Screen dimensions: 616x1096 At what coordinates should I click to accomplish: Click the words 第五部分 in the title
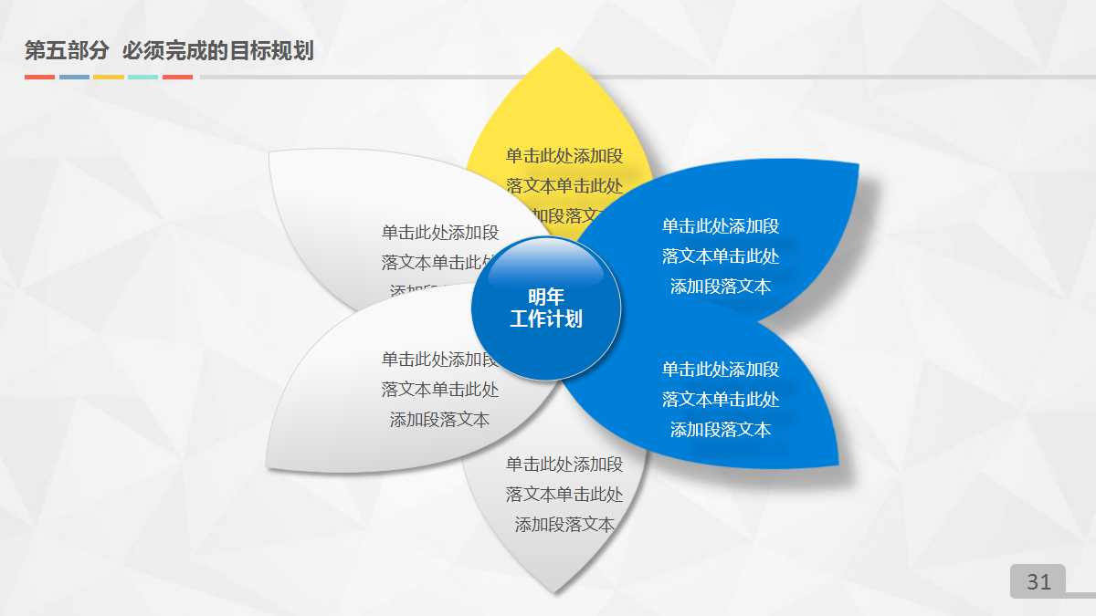pyautogui.click(x=67, y=51)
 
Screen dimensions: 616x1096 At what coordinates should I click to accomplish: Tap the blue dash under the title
pyautogui.click(x=74, y=77)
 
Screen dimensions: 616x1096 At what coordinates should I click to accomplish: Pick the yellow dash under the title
pyautogui.click(x=109, y=77)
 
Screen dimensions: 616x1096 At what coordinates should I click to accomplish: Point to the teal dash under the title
pyautogui.click(x=142, y=77)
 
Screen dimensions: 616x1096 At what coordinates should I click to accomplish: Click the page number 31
pyautogui.click(x=1038, y=581)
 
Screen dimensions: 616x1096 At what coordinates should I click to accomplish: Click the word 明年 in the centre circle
pyautogui.click(x=546, y=298)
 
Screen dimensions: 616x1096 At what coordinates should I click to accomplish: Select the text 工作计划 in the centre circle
pyautogui.click(x=546, y=319)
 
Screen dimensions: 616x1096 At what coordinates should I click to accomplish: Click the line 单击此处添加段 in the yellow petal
pyautogui.click(x=564, y=155)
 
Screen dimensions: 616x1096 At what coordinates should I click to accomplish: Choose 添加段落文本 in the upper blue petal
pyautogui.click(x=721, y=287)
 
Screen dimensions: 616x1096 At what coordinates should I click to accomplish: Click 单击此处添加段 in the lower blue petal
pyautogui.click(x=721, y=369)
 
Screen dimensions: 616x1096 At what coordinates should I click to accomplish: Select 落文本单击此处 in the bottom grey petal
pyautogui.click(x=564, y=495)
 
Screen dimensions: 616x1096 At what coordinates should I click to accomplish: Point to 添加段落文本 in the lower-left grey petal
pyautogui.click(x=439, y=420)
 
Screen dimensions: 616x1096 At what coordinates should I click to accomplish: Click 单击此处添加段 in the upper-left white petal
pyautogui.click(x=439, y=232)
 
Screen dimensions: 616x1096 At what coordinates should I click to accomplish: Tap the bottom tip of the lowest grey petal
pyautogui.click(x=554, y=591)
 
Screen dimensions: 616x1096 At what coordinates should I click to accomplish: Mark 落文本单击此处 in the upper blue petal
pyautogui.click(x=721, y=256)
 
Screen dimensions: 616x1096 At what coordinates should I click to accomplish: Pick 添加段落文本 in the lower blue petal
pyautogui.click(x=721, y=429)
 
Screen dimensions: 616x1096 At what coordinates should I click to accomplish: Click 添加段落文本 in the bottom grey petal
pyautogui.click(x=564, y=525)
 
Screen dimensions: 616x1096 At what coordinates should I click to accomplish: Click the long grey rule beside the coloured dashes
pyautogui.click(x=639, y=77)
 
